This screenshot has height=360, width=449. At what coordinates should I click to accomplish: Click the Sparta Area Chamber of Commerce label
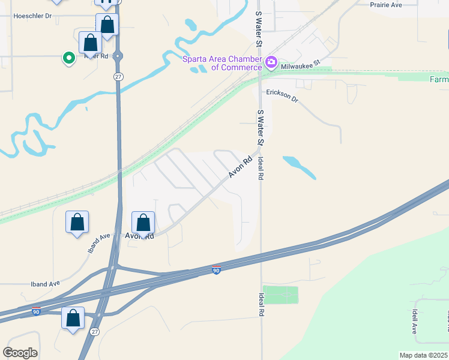tap(222, 63)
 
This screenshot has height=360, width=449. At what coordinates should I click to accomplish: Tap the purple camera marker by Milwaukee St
tap(271, 62)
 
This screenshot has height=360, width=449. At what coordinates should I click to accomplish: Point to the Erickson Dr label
tap(282, 95)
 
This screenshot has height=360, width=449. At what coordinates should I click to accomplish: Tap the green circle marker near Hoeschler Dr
tap(69, 58)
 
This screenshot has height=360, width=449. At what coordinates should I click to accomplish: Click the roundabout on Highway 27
tap(118, 56)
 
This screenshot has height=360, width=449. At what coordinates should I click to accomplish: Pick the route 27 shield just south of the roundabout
tap(118, 76)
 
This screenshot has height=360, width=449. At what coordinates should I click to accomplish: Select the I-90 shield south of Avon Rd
tap(216, 271)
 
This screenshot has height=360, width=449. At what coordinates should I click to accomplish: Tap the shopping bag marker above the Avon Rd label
tap(143, 223)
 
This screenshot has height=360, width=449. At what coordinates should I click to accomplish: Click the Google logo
tap(20, 353)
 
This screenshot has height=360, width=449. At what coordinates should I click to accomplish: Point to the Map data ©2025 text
tap(423, 355)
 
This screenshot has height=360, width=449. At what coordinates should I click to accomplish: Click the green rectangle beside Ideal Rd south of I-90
tap(280, 295)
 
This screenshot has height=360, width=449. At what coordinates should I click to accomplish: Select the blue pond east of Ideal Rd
tap(299, 167)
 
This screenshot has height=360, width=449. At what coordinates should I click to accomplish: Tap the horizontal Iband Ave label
tap(46, 284)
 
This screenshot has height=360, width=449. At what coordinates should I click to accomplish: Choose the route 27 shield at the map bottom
tap(95, 331)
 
